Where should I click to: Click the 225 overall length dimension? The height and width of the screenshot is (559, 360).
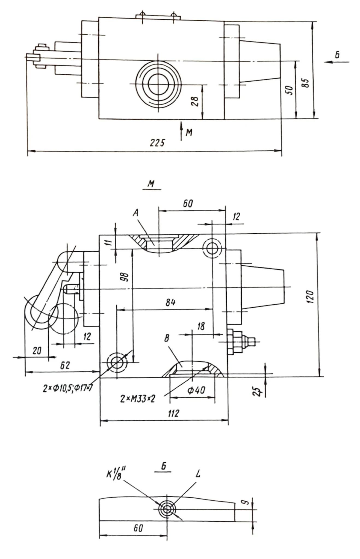click(157, 142)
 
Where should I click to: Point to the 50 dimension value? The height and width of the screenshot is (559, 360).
click(290, 90)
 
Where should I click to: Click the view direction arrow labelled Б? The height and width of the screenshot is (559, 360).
click(337, 62)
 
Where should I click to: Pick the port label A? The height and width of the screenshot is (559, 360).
click(136, 213)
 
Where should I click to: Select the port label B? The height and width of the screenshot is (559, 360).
click(167, 338)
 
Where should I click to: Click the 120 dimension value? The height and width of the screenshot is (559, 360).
click(310, 297)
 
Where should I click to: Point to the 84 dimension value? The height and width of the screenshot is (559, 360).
click(170, 302)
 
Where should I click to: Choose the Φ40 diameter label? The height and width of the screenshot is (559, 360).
click(196, 390)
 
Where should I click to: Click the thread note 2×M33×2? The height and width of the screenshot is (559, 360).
click(138, 399)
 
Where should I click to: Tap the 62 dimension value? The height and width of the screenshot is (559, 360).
click(65, 365)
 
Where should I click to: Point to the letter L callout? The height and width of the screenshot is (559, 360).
click(198, 474)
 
